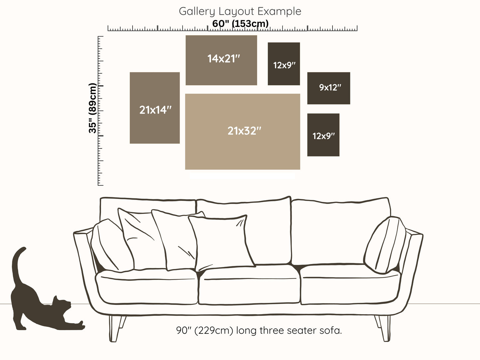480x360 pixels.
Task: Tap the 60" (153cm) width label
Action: coord(240,24)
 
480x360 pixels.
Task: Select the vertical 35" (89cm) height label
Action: coord(93,108)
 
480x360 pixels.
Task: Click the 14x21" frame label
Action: coord(223,59)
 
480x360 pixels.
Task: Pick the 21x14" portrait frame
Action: coord(155,108)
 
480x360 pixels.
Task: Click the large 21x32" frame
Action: coord(242,132)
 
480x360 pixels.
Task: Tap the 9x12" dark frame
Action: coord(329,88)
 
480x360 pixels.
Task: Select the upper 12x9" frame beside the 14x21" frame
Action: coord(284,64)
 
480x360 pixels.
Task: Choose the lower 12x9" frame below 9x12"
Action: coord(323,135)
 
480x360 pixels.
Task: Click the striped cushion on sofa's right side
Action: coord(385,245)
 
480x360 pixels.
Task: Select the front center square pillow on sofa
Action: coord(221,242)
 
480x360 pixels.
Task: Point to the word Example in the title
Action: coord(279,11)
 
